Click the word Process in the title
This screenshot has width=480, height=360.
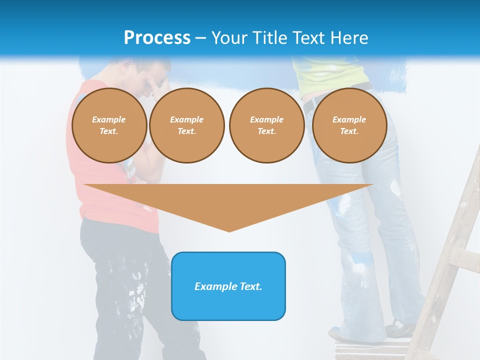click(x=157, y=38)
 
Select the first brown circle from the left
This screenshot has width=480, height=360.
click(x=109, y=125)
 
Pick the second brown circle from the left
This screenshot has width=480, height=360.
click(x=186, y=125)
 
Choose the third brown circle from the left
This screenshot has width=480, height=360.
click(x=266, y=125)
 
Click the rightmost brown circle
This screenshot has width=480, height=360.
click(x=349, y=125)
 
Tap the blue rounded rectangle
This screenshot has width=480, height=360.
click(x=228, y=305)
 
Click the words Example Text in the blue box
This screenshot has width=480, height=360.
click(x=228, y=286)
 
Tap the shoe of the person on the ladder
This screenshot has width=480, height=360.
click(x=400, y=328)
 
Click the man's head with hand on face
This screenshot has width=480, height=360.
click(x=145, y=75)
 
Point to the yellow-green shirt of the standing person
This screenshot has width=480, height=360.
click(x=330, y=75)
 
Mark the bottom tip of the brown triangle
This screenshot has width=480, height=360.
click(x=229, y=231)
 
